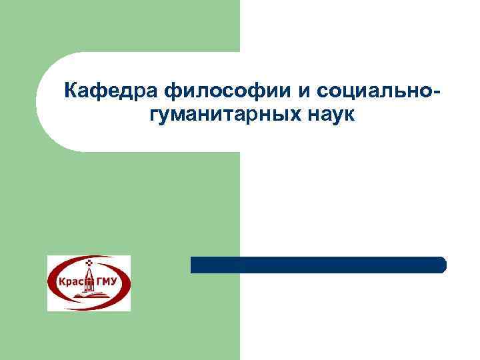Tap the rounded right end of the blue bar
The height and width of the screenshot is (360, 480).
(441, 265)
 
